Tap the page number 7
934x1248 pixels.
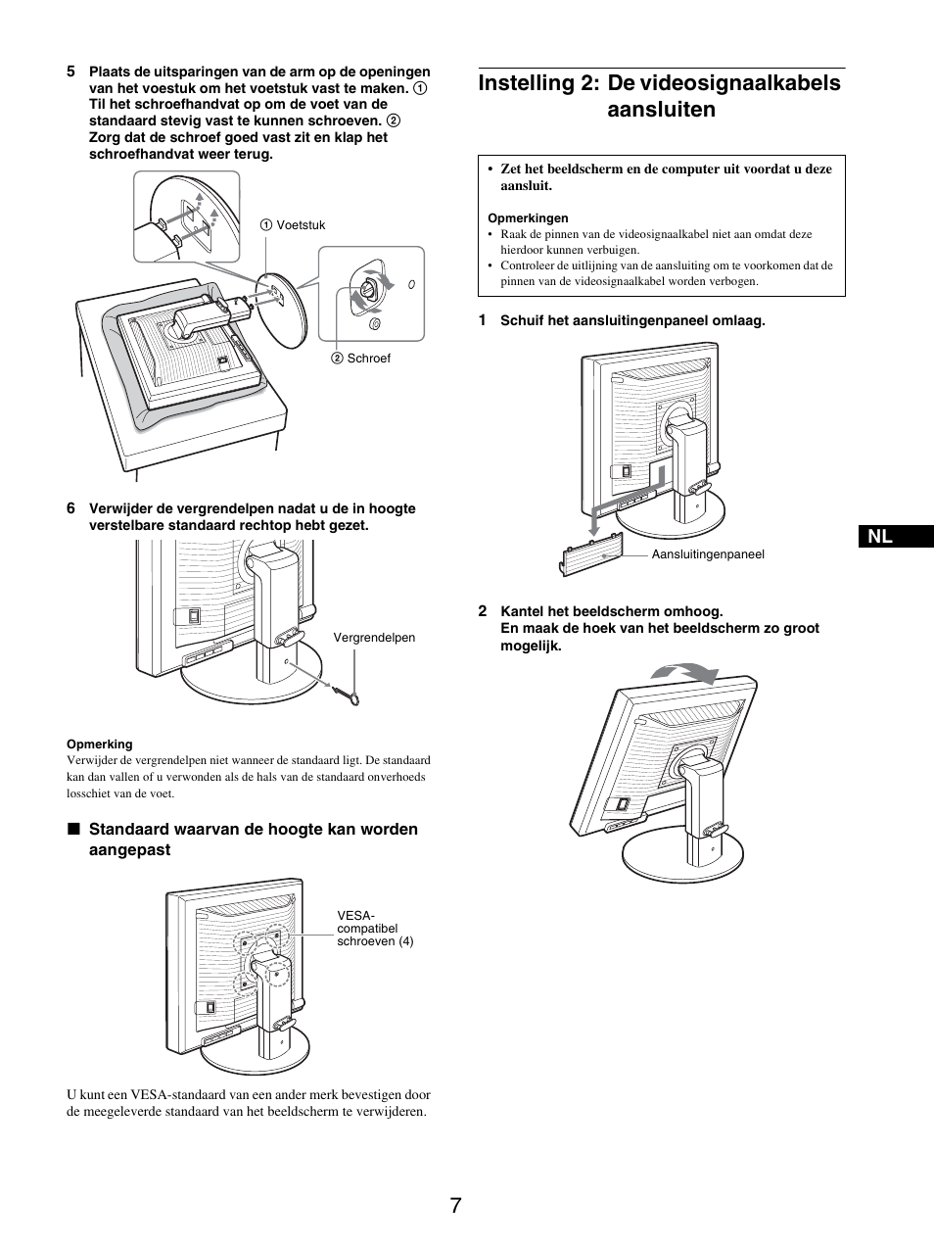457,1205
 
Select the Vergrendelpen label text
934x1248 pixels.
374,638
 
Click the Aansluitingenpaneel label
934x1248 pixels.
708,554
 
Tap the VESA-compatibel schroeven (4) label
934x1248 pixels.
374,929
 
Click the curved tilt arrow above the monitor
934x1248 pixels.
684,672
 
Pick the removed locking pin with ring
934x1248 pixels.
348,696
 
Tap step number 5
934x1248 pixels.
70,72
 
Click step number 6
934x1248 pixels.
70,508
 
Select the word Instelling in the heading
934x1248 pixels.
526,83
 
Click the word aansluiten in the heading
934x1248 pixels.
661,110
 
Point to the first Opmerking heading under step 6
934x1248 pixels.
99,744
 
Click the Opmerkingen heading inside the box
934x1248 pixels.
528,218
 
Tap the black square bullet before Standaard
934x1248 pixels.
72,830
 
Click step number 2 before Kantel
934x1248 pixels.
482,611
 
